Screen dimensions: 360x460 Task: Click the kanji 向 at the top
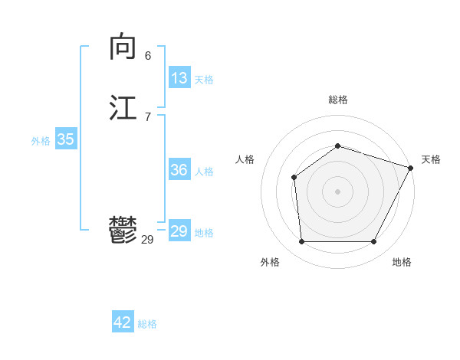pyautogui.click(x=123, y=47)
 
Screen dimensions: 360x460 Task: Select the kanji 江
pyautogui.click(x=123, y=107)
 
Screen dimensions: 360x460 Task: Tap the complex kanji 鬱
pyautogui.click(x=123, y=230)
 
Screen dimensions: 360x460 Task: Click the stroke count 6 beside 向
pyautogui.click(x=147, y=56)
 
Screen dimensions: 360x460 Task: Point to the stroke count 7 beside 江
pyautogui.click(x=147, y=116)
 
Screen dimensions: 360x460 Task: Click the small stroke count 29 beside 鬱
pyautogui.click(x=147, y=240)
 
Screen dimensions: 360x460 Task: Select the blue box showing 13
pyautogui.click(x=179, y=78)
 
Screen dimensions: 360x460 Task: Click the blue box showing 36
pyautogui.click(x=179, y=170)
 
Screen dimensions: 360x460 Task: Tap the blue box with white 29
pyautogui.click(x=179, y=231)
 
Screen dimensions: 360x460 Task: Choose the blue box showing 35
pyautogui.click(x=65, y=139)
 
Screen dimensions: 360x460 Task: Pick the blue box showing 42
pyautogui.click(x=123, y=322)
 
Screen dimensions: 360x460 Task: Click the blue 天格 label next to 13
pyautogui.click(x=204, y=80)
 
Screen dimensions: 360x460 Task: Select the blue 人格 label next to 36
pyautogui.click(x=204, y=172)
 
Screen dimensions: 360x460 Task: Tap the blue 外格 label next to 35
pyautogui.click(x=41, y=141)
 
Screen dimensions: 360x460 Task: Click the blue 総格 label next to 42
pyautogui.click(x=147, y=324)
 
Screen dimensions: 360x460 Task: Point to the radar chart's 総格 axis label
pyautogui.click(x=337, y=100)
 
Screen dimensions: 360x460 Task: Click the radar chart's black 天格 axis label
pyautogui.click(x=431, y=159)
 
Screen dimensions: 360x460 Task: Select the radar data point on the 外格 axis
pyautogui.click(x=301, y=242)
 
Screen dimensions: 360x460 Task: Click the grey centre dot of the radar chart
pyautogui.click(x=337, y=191)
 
